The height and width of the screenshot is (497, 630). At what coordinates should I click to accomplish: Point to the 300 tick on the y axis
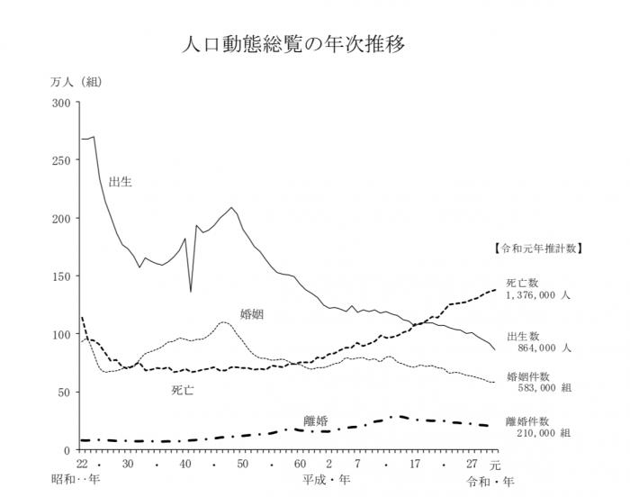coord(61,103)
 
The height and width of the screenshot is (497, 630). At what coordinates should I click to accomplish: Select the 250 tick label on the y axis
coord(61,160)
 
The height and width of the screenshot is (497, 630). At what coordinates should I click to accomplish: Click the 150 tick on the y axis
coord(61,276)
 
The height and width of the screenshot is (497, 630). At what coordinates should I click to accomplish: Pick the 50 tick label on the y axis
coord(64,392)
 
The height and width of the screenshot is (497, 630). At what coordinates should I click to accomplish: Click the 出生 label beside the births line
coord(120,182)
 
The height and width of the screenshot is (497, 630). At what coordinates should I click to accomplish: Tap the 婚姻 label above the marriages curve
coord(252,314)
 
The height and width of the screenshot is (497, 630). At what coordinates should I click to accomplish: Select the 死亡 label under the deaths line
coord(184,391)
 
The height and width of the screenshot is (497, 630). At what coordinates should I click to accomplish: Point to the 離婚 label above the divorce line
coord(315,420)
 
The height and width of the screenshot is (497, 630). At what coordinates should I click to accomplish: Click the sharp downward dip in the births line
coord(191,290)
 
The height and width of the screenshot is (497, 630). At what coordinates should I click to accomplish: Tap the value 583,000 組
coord(540,387)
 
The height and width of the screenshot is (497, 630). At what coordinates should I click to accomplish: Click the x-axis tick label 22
coord(82,464)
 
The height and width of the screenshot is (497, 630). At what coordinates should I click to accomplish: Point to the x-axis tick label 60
coord(300,464)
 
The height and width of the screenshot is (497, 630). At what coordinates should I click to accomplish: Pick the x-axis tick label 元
coord(495,465)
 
